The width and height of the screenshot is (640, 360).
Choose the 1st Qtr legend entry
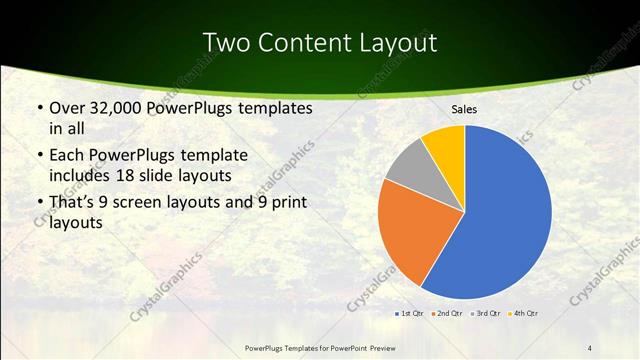[x=413, y=315]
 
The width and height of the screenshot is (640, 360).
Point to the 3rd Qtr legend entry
[x=487, y=315]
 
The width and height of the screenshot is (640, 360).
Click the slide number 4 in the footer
[x=589, y=347]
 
